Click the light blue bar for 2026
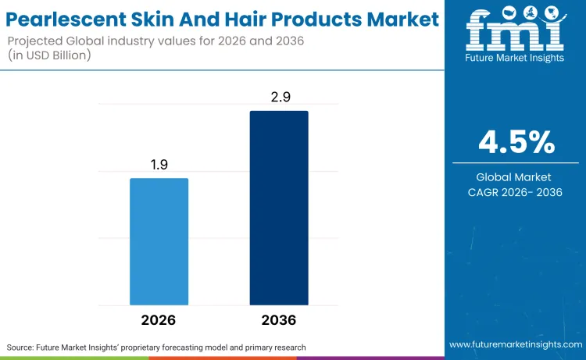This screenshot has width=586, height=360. pos(159,241)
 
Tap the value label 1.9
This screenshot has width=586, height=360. pos(159,166)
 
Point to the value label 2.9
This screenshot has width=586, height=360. pos(279,98)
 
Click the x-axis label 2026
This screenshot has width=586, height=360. pos(159,320)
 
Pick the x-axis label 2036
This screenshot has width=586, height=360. pos(279,320)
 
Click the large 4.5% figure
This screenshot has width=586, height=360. pos(516,143)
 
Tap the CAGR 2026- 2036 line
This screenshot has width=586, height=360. pos(516,192)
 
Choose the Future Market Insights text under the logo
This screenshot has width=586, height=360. pos(515,59)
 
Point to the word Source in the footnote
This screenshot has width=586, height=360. pos(23,346)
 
